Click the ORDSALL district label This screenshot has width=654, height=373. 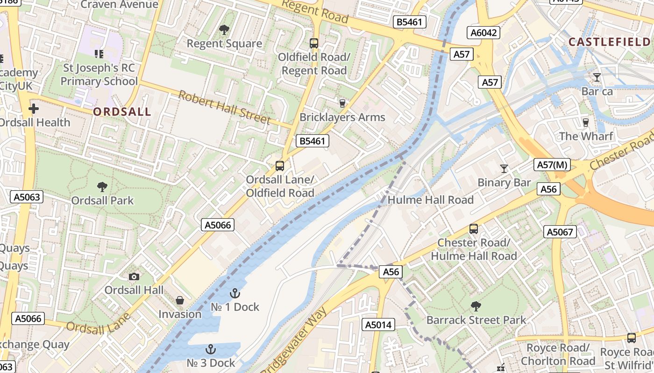[122, 112]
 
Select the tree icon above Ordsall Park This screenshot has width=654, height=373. [102, 187]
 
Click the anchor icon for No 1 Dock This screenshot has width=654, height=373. [235, 293]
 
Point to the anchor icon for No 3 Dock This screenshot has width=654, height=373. [211, 349]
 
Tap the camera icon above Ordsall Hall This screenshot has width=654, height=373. [134, 276]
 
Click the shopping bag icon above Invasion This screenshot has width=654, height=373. [180, 301]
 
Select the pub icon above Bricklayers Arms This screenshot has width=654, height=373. [342, 103]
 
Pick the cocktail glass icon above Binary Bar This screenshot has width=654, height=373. [504, 169]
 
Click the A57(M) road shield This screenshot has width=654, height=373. [552, 165]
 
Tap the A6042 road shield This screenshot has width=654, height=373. [483, 33]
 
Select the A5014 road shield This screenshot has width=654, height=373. [378, 325]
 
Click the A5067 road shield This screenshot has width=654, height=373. [560, 232]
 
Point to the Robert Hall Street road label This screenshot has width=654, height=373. [224, 108]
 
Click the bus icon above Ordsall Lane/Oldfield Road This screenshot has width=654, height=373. [280, 166]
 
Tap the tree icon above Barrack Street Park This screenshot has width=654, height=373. [476, 306]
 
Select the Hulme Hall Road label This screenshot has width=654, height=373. [431, 200]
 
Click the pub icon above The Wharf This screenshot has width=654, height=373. [586, 122]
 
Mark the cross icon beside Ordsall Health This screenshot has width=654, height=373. [34, 109]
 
